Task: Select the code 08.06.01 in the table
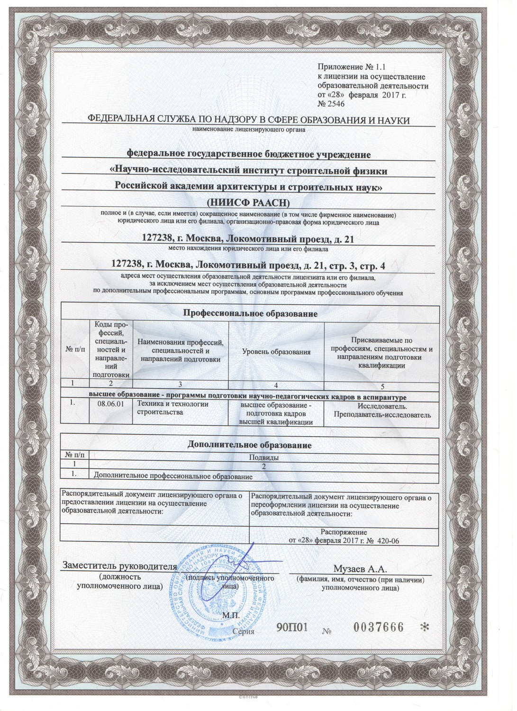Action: coord(110,404)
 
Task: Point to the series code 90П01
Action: coord(292,628)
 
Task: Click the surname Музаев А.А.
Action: coord(360,568)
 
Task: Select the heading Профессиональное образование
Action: coord(250,313)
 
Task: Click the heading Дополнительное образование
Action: coord(250,445)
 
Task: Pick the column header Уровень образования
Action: coord(276,352)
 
